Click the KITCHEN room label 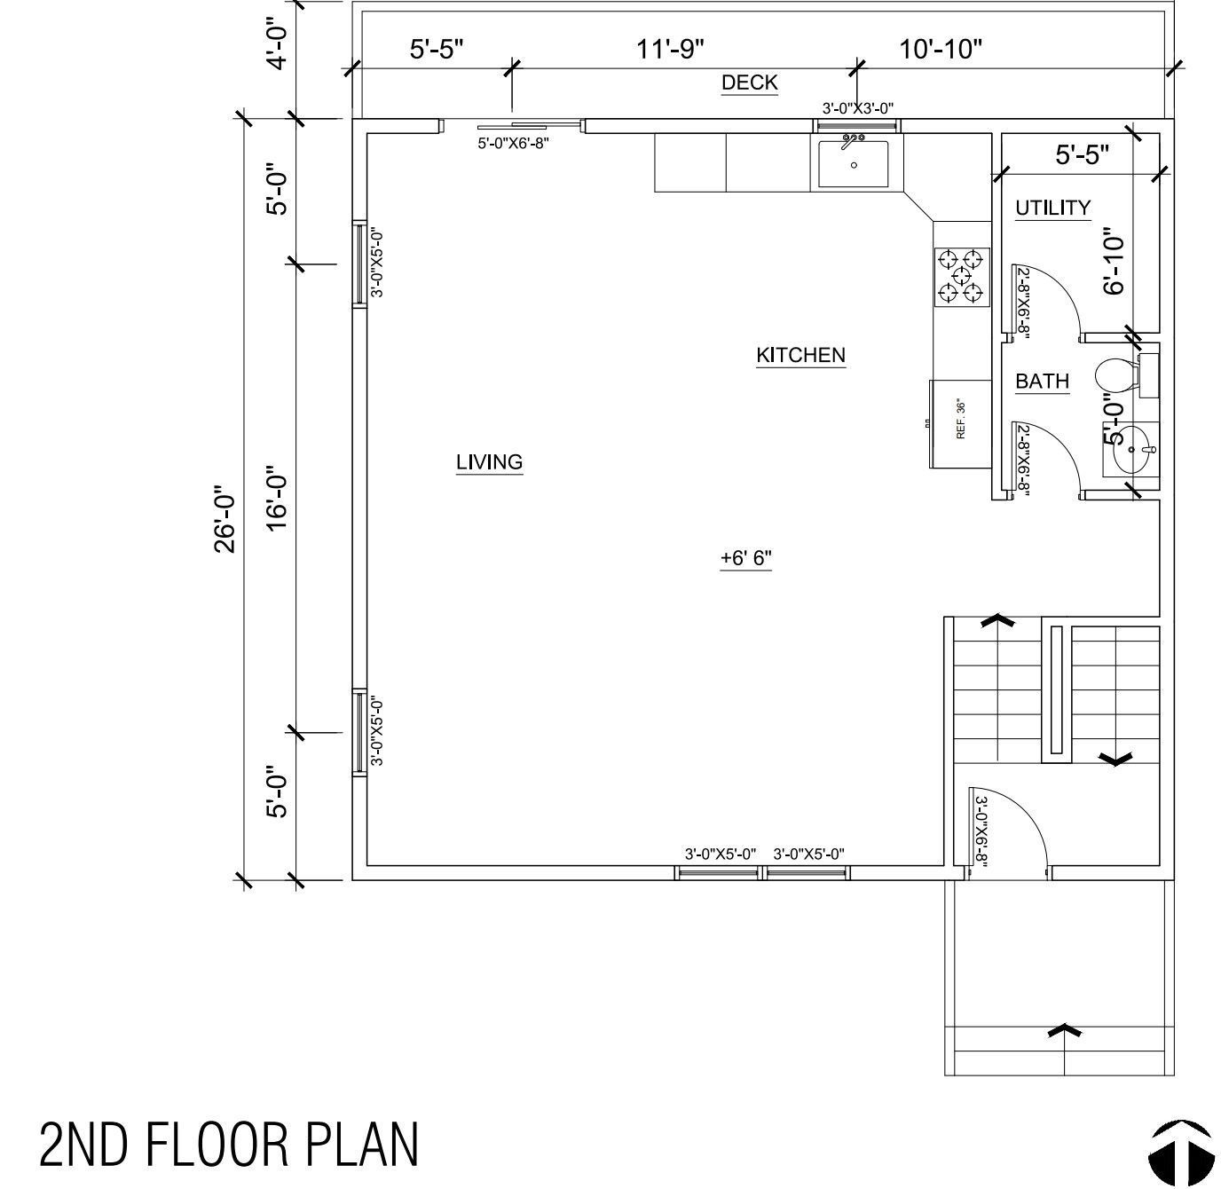800,355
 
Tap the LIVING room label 489,462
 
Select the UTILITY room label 1052,208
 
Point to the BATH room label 1042,382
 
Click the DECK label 749,83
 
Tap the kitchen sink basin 853,164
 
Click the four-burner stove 962,276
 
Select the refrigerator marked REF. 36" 960,423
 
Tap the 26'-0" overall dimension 225,518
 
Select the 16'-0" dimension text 278,499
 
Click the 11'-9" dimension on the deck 670,49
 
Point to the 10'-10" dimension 941,49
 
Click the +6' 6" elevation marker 745,558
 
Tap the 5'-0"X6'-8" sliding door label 514,143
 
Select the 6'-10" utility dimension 1115,264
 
